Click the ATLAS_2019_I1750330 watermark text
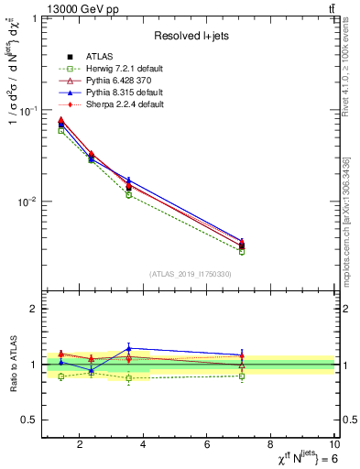pos(190,274)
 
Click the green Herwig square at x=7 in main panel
pos(242,251)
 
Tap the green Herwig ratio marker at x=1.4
pos(61,376)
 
